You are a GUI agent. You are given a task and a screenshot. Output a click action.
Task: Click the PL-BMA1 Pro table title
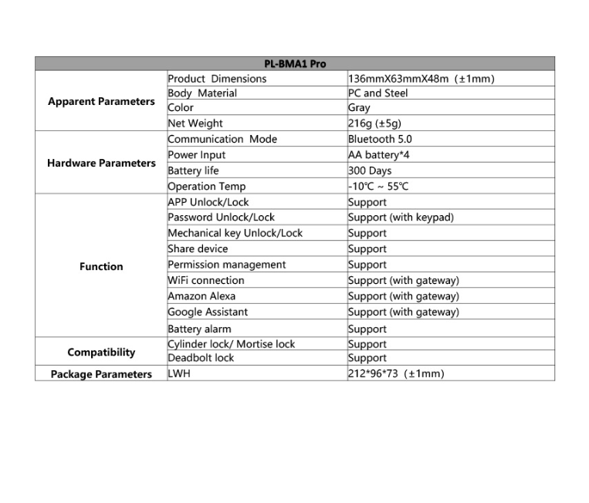295,64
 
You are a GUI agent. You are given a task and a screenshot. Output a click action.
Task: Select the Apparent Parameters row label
101,102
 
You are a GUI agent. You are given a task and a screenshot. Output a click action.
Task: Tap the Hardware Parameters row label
101,164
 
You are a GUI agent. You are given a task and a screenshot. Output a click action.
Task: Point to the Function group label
101,267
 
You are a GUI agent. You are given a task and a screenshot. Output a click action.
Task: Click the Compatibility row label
101,353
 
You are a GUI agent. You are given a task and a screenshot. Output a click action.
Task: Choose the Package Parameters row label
101,374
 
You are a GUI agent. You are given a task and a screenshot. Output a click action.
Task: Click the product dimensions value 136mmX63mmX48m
421,79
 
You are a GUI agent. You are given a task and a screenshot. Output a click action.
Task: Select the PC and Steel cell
378,93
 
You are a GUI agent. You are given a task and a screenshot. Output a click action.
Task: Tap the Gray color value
359,108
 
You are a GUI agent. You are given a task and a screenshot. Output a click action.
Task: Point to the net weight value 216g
374,123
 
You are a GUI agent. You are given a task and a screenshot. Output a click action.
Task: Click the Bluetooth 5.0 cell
380,140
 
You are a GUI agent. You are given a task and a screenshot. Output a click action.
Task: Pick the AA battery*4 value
379,155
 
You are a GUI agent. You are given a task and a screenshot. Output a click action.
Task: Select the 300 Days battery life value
370,171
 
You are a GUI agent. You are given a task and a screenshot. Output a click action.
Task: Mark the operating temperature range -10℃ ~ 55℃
378,187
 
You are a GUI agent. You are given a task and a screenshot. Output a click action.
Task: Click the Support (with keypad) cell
401,218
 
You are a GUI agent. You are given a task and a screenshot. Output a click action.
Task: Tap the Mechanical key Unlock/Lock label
235,233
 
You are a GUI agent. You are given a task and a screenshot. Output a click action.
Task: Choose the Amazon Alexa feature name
201,296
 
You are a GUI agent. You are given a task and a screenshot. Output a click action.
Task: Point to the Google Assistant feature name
208,312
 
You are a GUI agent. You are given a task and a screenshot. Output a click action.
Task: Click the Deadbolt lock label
201,358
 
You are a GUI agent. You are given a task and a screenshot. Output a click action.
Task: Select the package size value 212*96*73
396,374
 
